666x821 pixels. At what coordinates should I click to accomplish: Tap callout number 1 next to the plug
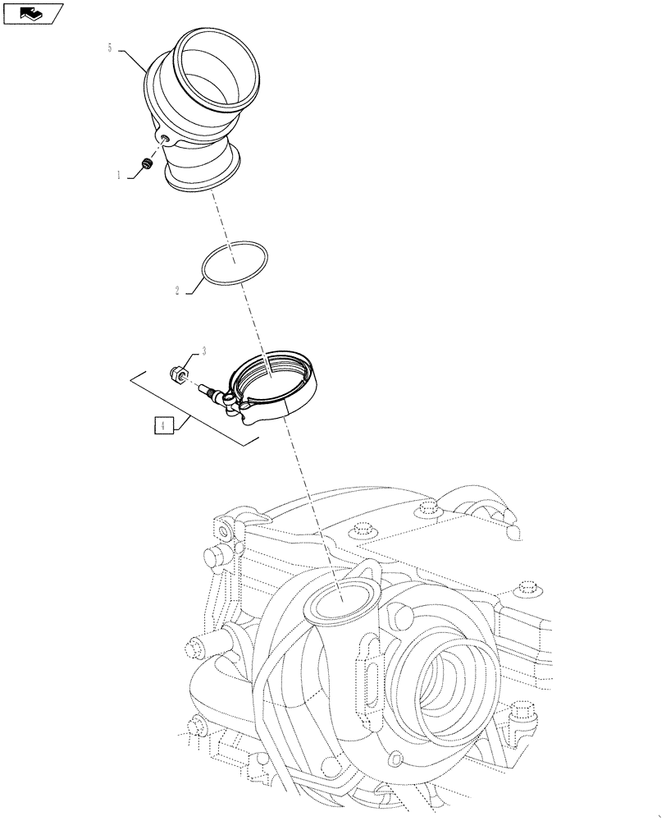tap(119, 175)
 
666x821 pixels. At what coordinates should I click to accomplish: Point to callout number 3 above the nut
tap(203, 351)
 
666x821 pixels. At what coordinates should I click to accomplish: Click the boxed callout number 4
tap(163, 425)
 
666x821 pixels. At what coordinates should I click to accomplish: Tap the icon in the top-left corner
tap(32, 12)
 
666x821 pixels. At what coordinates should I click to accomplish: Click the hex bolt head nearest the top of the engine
tap(425, 511)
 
